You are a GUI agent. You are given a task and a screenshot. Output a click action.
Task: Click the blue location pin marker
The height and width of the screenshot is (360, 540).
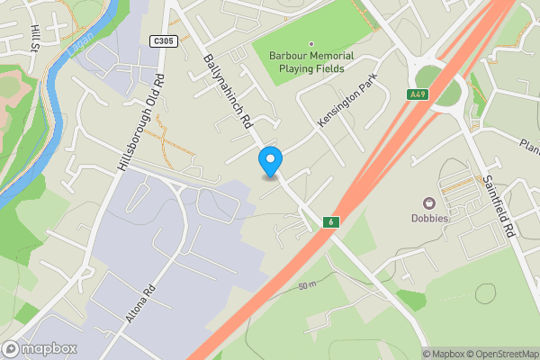click(x=270, y=161)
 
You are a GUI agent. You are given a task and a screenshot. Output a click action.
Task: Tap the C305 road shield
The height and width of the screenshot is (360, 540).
click(x=162, y=40)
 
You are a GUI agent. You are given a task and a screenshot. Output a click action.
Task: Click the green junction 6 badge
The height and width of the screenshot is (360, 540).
click(x=331, y=221)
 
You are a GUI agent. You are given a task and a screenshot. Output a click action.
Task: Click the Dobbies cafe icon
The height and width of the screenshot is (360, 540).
click(x=429, y=203)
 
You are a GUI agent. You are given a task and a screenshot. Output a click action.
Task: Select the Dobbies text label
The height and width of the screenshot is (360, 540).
click(x=430, y=219)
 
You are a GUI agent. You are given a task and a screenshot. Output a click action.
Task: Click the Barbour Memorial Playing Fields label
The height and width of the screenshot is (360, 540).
click(x=311, y=61)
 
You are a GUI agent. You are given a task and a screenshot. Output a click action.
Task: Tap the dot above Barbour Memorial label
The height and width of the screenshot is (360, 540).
click(x=311, y=43)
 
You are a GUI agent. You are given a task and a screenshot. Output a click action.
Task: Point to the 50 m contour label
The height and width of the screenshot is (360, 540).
click(x=308, y=285)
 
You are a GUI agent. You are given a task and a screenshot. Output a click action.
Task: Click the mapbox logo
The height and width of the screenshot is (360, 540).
click(x=40, y=348)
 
